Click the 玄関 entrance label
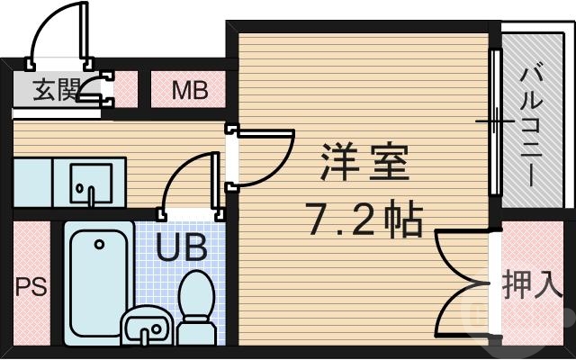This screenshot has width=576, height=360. click(52, 90)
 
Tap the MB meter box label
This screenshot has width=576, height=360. click(190, 90)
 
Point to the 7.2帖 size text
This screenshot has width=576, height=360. click(364, 218)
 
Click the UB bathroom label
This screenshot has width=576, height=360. click(183, 246)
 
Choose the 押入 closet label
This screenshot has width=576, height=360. click(532, 284)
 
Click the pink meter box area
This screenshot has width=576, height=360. click(190, 90)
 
